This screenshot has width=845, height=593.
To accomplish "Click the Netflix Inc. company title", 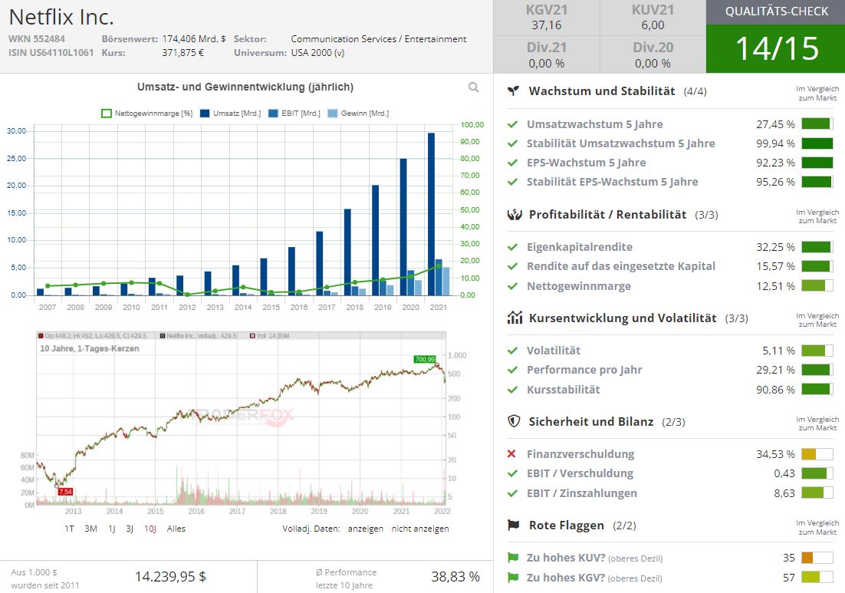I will [x=61, y=16].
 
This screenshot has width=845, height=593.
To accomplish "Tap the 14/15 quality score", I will [x=776, y=48].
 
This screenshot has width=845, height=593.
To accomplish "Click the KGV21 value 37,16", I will [x=546, y=25].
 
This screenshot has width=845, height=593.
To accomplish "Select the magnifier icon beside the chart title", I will [x=474, y=87].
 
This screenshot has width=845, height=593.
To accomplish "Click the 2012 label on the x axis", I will [x=187, y=307].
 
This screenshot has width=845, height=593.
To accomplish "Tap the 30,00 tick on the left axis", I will [x=16, y=131].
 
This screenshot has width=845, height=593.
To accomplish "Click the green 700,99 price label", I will [x=424, y=358].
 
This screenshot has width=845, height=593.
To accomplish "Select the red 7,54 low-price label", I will [x=66, y=491].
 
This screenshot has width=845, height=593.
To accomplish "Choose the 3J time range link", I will [x=130, y=529].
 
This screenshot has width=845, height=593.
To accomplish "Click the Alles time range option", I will [x=176, y=529].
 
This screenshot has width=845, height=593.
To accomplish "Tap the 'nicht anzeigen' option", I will [x=420, y=529].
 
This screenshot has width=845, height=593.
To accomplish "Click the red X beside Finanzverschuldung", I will [x=512, y=454].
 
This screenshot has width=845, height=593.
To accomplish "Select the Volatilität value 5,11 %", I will [x=779, y=351].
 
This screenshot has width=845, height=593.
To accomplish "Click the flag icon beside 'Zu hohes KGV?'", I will [x=512, y=578].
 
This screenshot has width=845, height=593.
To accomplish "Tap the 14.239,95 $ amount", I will [x=170, y=576].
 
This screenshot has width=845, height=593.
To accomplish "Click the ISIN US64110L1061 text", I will [x=51, y=53].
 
